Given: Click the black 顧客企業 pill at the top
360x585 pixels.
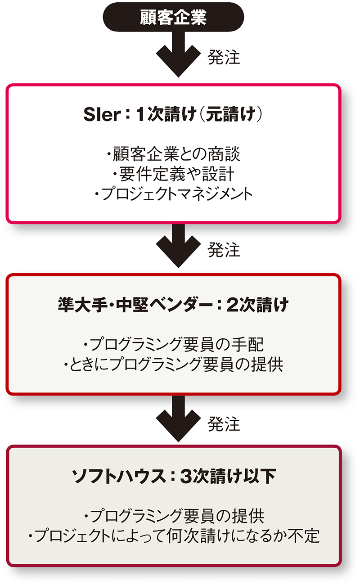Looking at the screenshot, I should tap(173, 17).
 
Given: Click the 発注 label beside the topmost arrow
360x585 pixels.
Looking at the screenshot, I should tap(224, 58).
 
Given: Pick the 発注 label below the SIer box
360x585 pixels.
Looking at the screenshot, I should tap(224, 249).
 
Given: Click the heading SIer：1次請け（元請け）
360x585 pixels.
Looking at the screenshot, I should tap(173, 115).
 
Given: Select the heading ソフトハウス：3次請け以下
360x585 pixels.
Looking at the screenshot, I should tap(174, 477).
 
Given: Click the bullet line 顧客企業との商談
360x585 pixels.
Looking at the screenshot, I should tap(173, 154).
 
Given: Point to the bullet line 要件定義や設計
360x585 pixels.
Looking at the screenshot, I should tap(173, 174).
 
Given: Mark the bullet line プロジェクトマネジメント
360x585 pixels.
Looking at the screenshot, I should tap(173, 193).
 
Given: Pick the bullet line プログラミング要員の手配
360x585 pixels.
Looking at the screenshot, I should tap(173, 345).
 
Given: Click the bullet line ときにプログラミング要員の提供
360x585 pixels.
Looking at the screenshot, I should tap(173, 364).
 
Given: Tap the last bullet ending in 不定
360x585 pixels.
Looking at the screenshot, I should tap(173, 536).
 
